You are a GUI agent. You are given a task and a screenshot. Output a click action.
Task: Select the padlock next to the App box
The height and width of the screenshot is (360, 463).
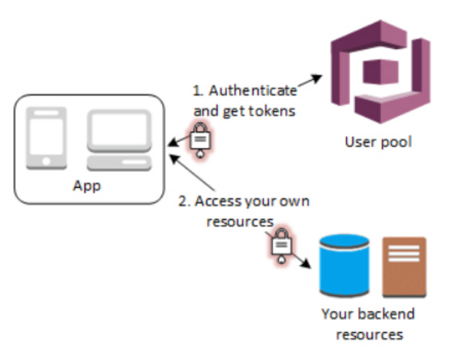pos(201,140)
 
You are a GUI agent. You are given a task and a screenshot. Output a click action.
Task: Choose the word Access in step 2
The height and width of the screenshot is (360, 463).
pos(219,202)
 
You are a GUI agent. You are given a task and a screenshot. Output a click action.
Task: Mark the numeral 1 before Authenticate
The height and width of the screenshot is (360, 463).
pos(198,90)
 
